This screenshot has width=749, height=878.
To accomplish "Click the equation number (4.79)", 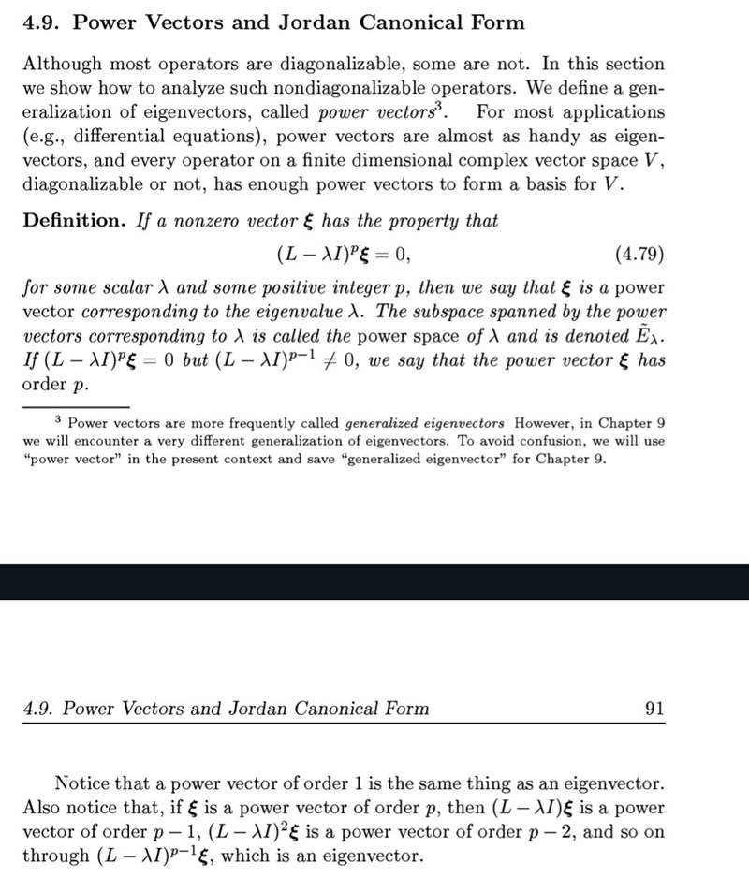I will point(639,255).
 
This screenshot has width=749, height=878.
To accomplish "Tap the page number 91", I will point(654,709).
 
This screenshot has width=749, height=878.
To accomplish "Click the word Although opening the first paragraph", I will point(59,65).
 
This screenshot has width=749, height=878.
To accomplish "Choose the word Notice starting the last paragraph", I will point(82,783).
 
